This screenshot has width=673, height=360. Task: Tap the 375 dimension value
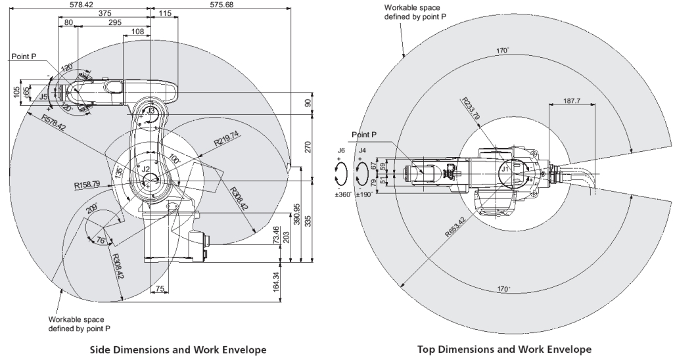click(103, 14)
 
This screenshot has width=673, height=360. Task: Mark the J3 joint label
click(151, 111)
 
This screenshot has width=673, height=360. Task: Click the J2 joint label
click(146, 169)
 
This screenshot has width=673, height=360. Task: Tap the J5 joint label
click(43, 97)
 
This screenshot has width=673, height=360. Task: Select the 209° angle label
click(91, 208)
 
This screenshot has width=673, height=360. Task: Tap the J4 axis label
click(361, 150)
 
